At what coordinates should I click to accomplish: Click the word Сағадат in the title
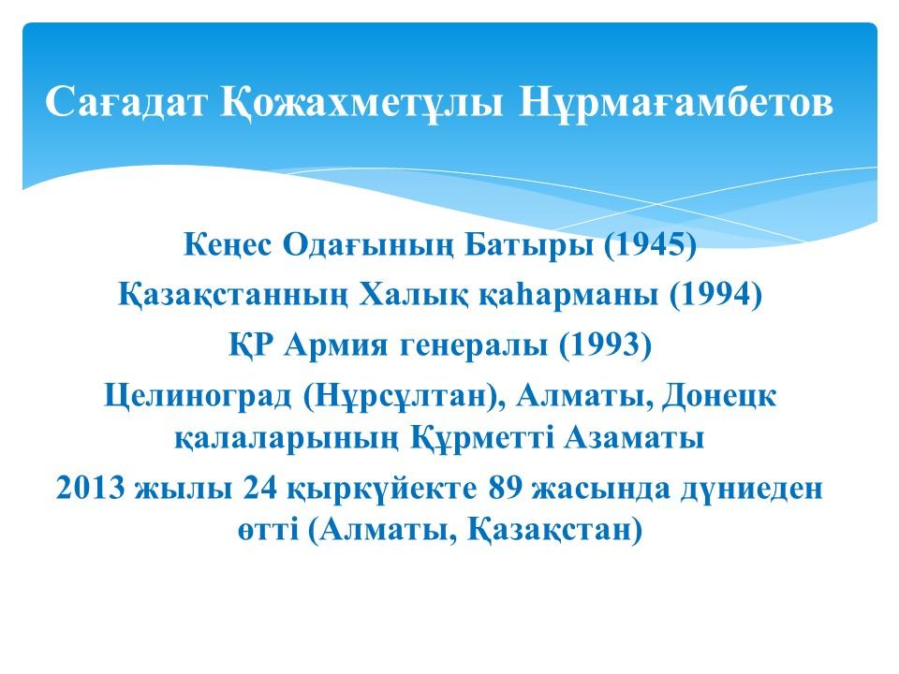(125, 103)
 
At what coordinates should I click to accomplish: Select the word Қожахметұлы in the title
(362, 103)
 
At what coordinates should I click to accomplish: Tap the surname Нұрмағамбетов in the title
(676, 103)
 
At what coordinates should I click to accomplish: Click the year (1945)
(650, 244)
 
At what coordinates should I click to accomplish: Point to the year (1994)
(715, 295)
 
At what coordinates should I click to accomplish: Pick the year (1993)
(606, 345)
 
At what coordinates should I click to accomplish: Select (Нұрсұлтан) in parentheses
(404, 396)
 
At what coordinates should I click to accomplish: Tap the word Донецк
(719, 396)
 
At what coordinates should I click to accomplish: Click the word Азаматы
(634, 438)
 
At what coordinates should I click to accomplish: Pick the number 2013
(91, 489)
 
